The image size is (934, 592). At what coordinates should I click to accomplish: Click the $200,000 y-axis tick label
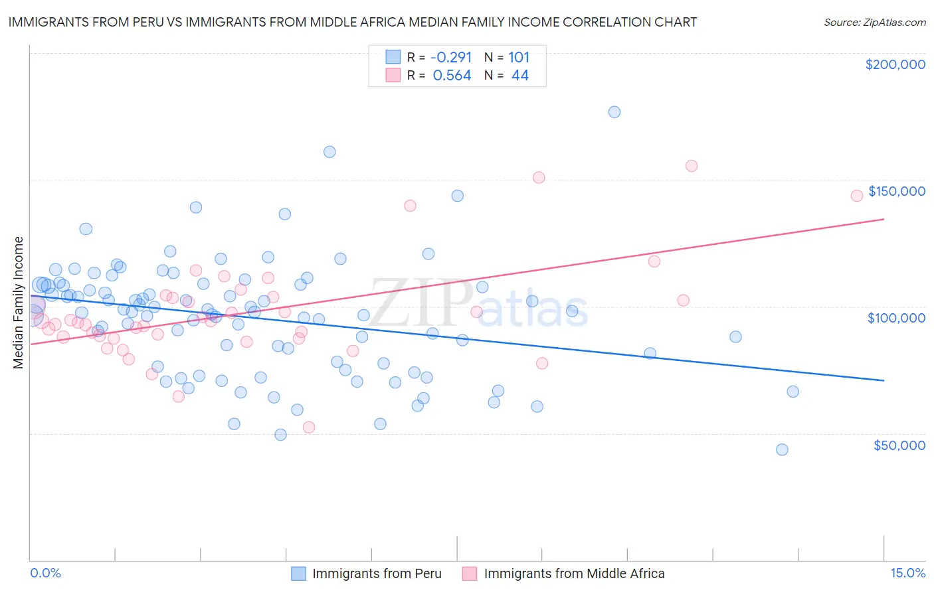(895, 64)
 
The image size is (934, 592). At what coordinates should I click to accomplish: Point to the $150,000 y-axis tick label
(896, 191)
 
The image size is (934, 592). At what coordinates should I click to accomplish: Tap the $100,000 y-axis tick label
(896, 318)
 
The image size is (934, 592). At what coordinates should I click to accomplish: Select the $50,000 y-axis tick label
(899, 445)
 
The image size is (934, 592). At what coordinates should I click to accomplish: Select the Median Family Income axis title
(18, 303)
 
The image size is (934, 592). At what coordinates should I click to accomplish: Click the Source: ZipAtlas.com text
(874, 22)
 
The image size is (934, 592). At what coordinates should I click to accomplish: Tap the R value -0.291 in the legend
(452, 57)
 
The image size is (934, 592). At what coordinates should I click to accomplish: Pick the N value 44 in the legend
(519, 76)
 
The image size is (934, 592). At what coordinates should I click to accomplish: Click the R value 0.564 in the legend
(452, 76)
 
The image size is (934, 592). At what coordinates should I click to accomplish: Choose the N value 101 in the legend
(519, 57)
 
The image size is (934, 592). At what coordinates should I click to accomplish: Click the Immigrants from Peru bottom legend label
(377, 573)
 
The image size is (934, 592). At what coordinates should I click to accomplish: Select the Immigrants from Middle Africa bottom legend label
(574, 573)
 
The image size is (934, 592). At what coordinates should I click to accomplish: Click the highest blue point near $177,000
(614, 112)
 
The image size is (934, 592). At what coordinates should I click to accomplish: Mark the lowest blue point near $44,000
(782, 450)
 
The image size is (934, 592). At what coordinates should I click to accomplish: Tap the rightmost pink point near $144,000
(856, 195)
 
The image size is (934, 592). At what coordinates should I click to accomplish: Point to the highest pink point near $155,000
(692, 166)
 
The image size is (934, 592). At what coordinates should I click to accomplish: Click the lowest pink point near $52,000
(308, 427)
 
